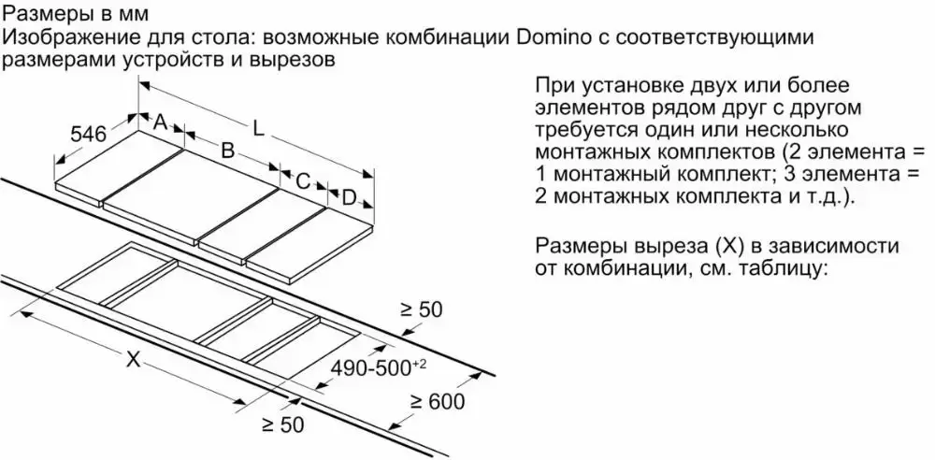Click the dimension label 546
89,135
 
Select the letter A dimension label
160,122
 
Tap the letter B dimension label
226,150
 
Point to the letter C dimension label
302,181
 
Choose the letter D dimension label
349,197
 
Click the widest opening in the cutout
187,296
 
